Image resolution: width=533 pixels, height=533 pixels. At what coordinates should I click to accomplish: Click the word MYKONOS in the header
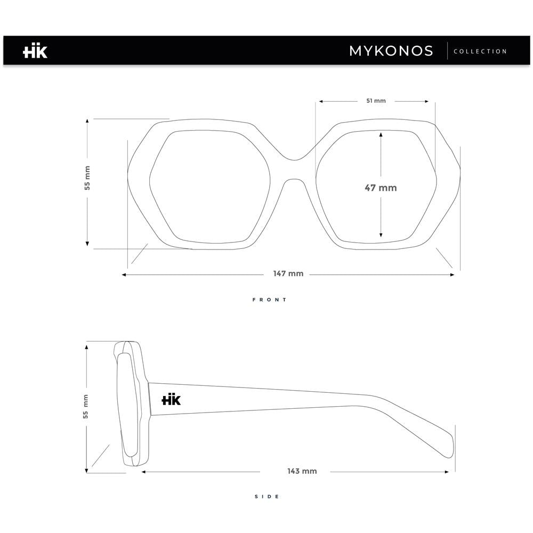391,51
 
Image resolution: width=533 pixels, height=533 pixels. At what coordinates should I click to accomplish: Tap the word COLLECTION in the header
480,51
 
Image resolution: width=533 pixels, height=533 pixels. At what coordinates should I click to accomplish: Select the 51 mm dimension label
376,101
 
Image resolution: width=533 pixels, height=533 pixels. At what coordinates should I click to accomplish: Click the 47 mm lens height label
381,188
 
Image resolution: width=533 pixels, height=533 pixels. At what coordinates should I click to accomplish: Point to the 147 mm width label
288,273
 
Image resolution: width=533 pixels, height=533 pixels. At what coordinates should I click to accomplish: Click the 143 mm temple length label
302,471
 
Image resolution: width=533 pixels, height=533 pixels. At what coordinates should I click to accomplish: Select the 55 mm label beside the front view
87,178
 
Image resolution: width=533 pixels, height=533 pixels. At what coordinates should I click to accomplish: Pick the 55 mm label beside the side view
85,406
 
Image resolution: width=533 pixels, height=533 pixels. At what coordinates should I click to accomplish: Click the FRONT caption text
270,300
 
